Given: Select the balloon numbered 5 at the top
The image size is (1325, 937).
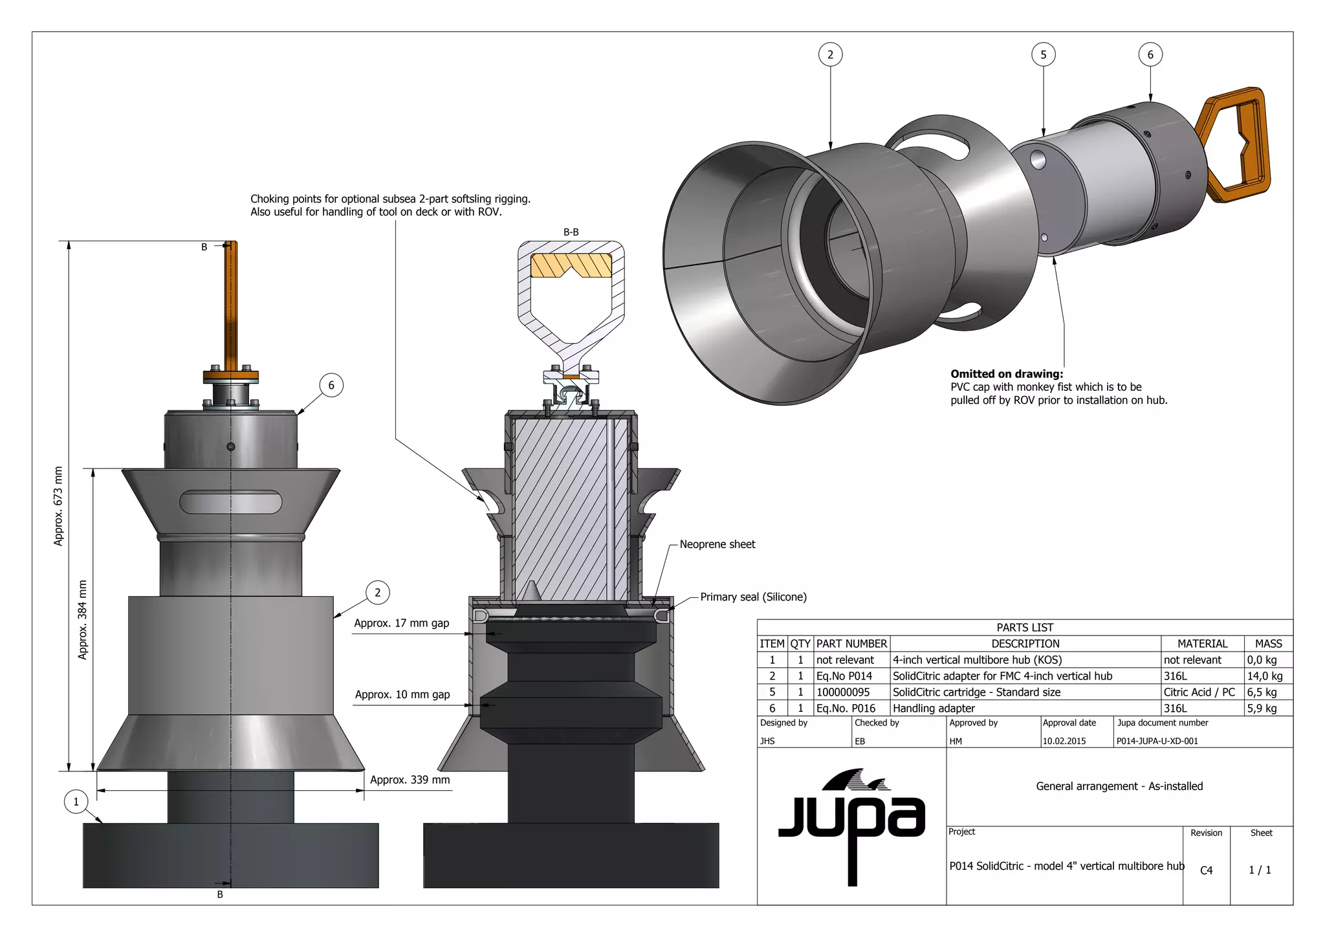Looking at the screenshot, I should pyautogui.click(x=1043, y=55).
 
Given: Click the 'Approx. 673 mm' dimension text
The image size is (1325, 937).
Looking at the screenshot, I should pyautogui.click(x=59, y=506).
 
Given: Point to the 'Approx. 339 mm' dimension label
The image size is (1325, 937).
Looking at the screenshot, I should pyautogui.click(x=410, y=780).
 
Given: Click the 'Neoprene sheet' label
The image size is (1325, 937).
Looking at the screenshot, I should pyautogui.click(x=717, y=544).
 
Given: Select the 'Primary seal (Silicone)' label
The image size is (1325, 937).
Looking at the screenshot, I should pyautogui.click(x=753, y=597).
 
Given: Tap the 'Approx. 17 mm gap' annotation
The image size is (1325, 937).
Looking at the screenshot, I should pyautogui.click(x=401, y=623).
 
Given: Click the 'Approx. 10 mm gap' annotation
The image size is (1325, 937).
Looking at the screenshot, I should pyautogui.click(x=402, y=694).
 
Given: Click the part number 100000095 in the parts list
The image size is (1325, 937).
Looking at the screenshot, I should pyautogui.click(x=843, y=692).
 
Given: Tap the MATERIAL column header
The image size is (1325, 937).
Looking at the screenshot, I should pyautogui.click(x=1202, y=643).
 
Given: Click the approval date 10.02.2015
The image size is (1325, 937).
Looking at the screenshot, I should pyautogui.click(x=1064, y=741).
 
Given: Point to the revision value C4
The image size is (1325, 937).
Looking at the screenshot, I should pyautogui.click(x=1206, y=870).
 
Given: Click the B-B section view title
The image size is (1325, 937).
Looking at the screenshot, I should pyautogui.click(x=571, y=232).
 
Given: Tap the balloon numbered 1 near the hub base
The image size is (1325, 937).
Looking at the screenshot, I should pyautogui.click(x=76, y=802).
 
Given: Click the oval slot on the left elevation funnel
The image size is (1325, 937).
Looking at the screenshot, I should pyautogui.click(x=231, y=502).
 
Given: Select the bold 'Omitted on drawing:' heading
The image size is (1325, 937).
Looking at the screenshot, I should pyautogui.click(x=1006, y=373).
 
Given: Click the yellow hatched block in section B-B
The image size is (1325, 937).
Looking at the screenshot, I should pyautogui.click(x=571, y=265).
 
